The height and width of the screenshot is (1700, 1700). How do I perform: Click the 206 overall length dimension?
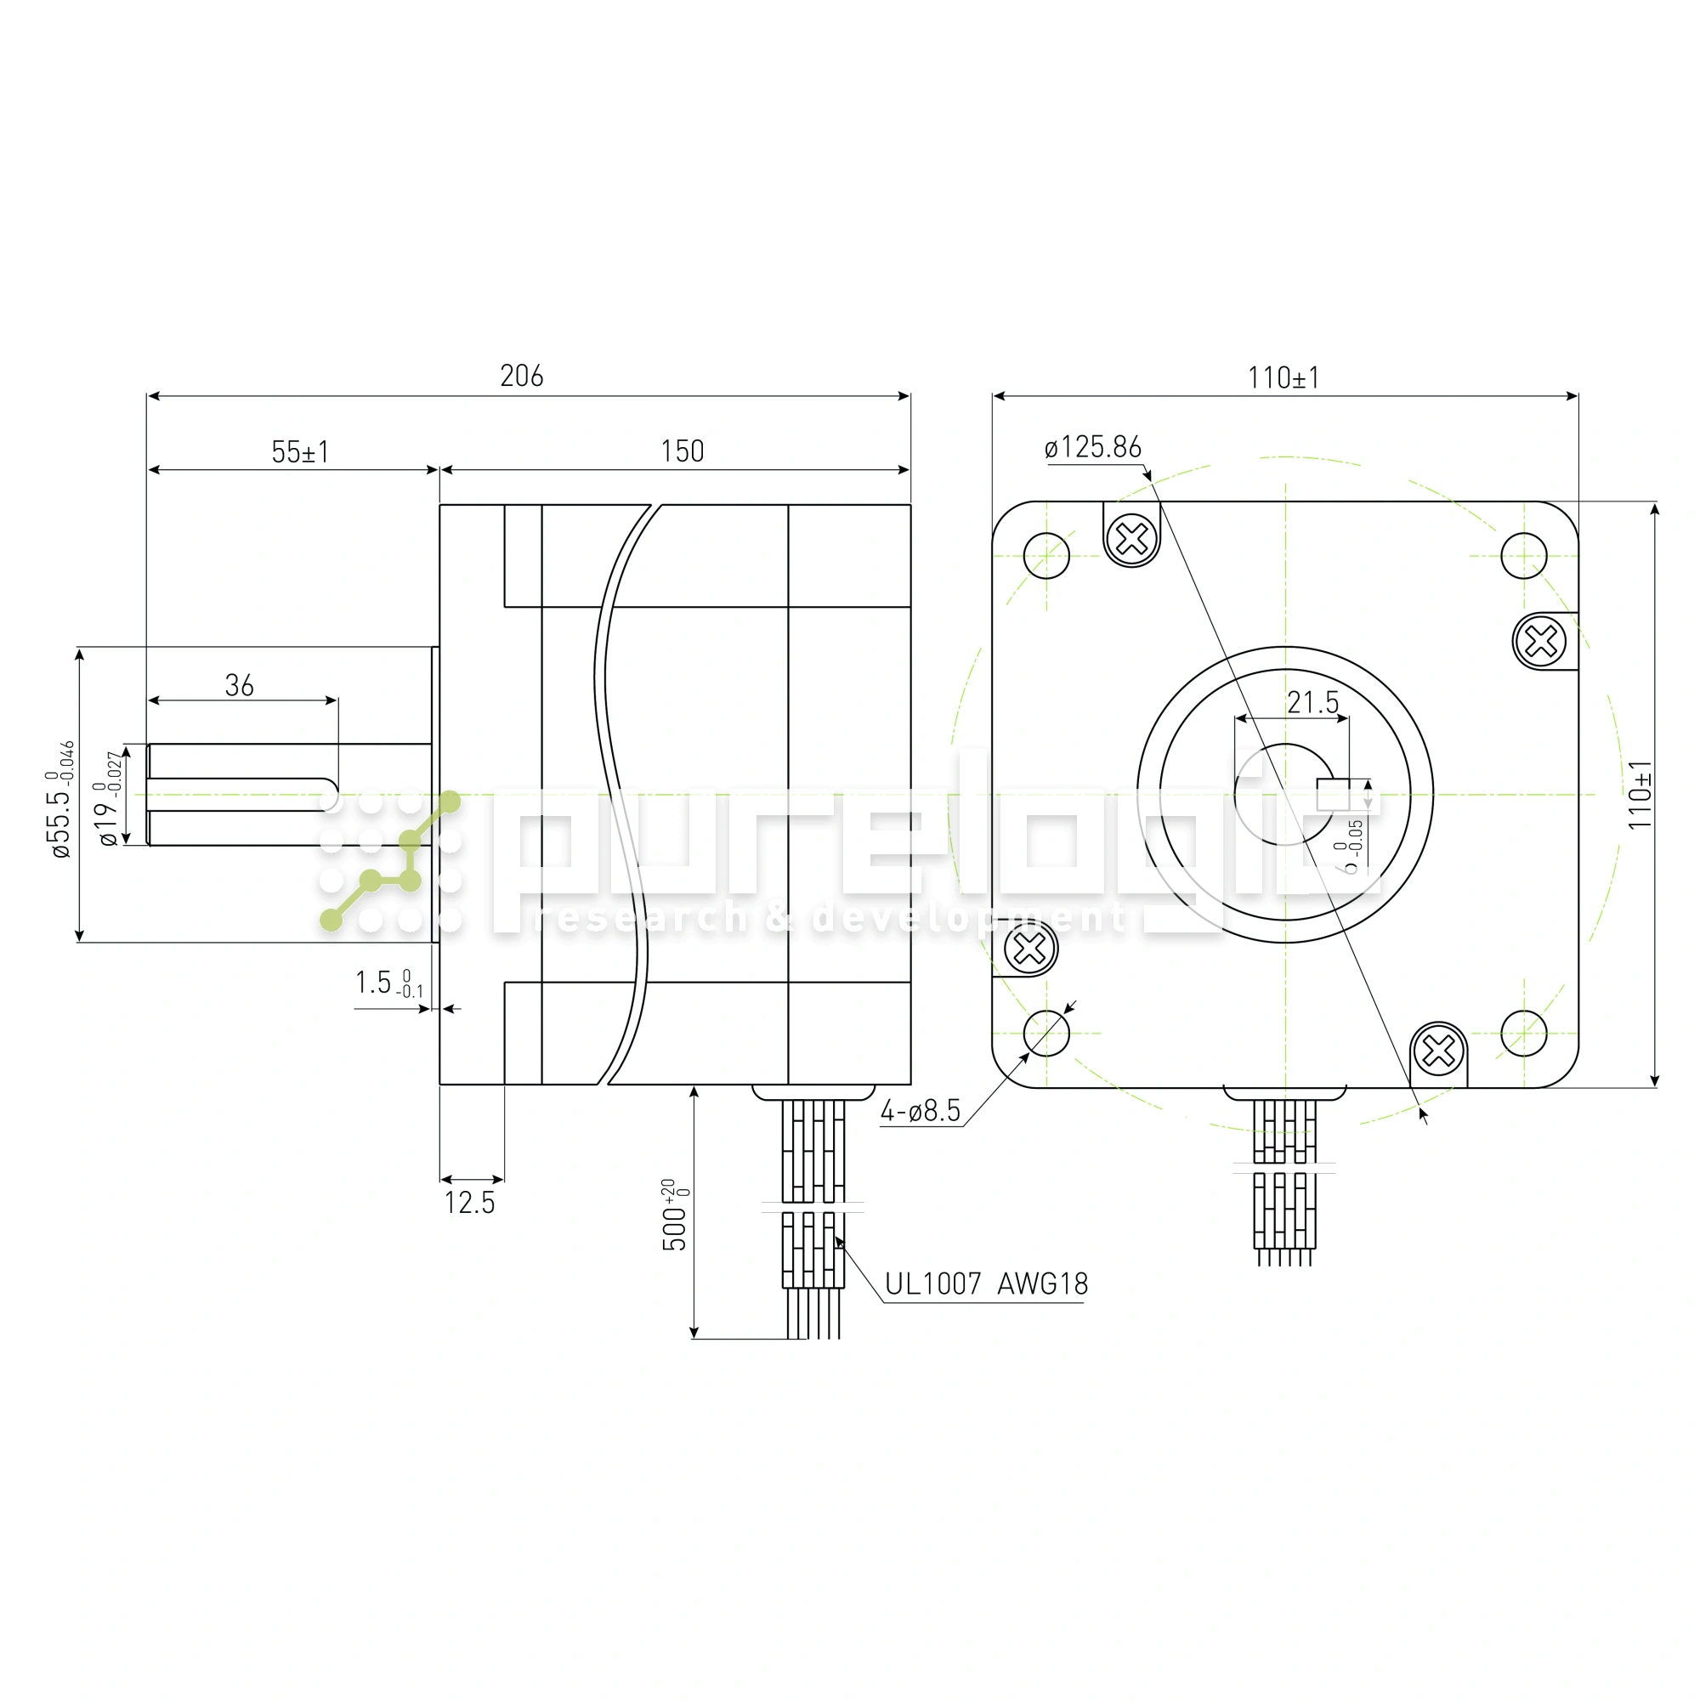tap(522, 377)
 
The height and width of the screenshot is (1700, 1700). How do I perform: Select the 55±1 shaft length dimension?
tap(300, 452)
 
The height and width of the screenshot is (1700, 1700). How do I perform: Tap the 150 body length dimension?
tap(682, 451)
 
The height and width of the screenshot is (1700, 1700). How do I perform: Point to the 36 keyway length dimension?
tap(240, 685)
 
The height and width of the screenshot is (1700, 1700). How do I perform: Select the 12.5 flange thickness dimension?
tap(470, 1203)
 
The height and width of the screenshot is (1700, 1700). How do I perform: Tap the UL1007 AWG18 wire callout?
tap(986, 1284)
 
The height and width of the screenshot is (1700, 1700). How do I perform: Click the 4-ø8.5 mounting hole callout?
tap(921, 1111)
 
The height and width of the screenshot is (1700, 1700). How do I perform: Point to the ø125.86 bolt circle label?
tap(1093, 447)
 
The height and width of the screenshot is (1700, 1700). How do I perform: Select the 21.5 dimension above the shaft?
tap(1313, 703)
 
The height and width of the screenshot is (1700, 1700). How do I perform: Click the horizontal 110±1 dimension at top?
tap(1283, 378)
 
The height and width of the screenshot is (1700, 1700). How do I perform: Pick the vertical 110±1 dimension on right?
tap(1640, 795)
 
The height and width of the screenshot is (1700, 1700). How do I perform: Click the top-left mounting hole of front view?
tap(1047, 556)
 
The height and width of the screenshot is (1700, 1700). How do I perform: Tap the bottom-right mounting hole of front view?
tap(1524, 1033)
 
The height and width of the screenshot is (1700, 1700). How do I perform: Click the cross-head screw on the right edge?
tap(1541, 641)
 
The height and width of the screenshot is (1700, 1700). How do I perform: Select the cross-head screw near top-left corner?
tap(1131, 538)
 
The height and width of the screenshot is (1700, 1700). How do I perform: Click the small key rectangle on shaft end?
tap(1333, 795)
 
